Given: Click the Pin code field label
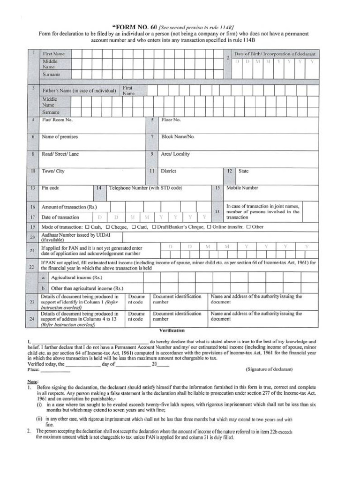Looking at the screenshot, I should click(51, 188).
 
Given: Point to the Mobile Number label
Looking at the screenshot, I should click(242, 188).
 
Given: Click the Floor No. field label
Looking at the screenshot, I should click(171, 120).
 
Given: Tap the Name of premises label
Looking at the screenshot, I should click(60, 137).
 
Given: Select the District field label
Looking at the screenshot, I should click(169, 171).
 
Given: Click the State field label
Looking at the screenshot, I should click(243, 171).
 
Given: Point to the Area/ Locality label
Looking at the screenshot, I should click(176, 154).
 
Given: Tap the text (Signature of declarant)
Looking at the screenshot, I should click(269, 369).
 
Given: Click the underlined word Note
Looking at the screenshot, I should click(33, 382).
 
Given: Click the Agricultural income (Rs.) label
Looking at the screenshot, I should click(74, 278).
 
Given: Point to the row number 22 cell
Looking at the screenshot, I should click(32, 267).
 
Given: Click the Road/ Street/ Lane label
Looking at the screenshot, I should click(60, 154).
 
